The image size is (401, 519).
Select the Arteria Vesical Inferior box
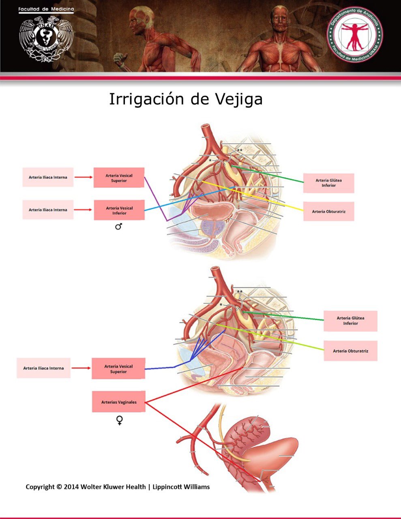(119, 210)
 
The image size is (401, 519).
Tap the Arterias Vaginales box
(119, 402)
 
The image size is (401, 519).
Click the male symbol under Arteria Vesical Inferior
(118, 227)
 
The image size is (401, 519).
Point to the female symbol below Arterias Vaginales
(119, 420)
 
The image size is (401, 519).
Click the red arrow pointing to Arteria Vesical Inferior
(84, 210)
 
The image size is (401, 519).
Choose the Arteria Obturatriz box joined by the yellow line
(328, 211)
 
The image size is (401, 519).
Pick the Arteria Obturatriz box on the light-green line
(350, 351)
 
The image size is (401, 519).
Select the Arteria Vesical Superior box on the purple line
(119, 178)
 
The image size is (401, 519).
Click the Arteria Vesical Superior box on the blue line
(118, 369)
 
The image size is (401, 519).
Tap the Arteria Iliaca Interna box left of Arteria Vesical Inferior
(48, 210)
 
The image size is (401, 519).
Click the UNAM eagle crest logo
(46, 39)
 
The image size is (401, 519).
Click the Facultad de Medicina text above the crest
(46, 9)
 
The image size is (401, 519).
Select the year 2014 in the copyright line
(71, 487)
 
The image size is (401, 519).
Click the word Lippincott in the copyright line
(168, 487)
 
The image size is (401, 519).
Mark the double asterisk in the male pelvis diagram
(240, 150)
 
